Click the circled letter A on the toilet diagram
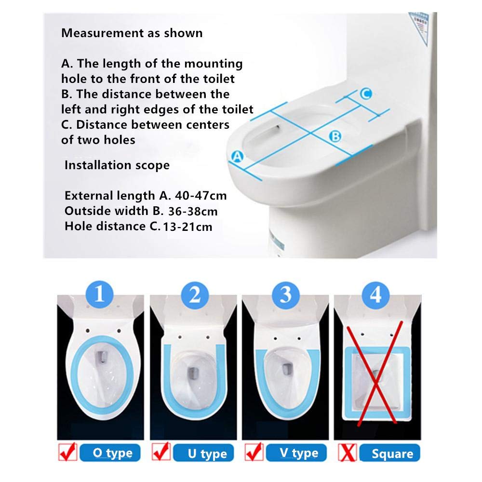pos(237,157)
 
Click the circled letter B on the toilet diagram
pos(335,136)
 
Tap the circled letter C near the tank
pos(366,94)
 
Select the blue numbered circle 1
pos(100,295)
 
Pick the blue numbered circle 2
pos(194,295)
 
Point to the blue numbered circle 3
pos(286,295)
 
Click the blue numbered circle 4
pos(375,295)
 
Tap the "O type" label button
pos(110,453)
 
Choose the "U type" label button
pos(203,453)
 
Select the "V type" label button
pos(296,453)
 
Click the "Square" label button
pos(390,453)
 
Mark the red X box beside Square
pos(348,453)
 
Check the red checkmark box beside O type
pos(67,452)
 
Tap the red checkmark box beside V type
pos(254,452)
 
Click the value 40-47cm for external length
pos(201,196)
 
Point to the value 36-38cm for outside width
pos(193,211)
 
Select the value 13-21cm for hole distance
pos(187,227)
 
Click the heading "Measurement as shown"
pos(132,33)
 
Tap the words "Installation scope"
pos(117,165)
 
